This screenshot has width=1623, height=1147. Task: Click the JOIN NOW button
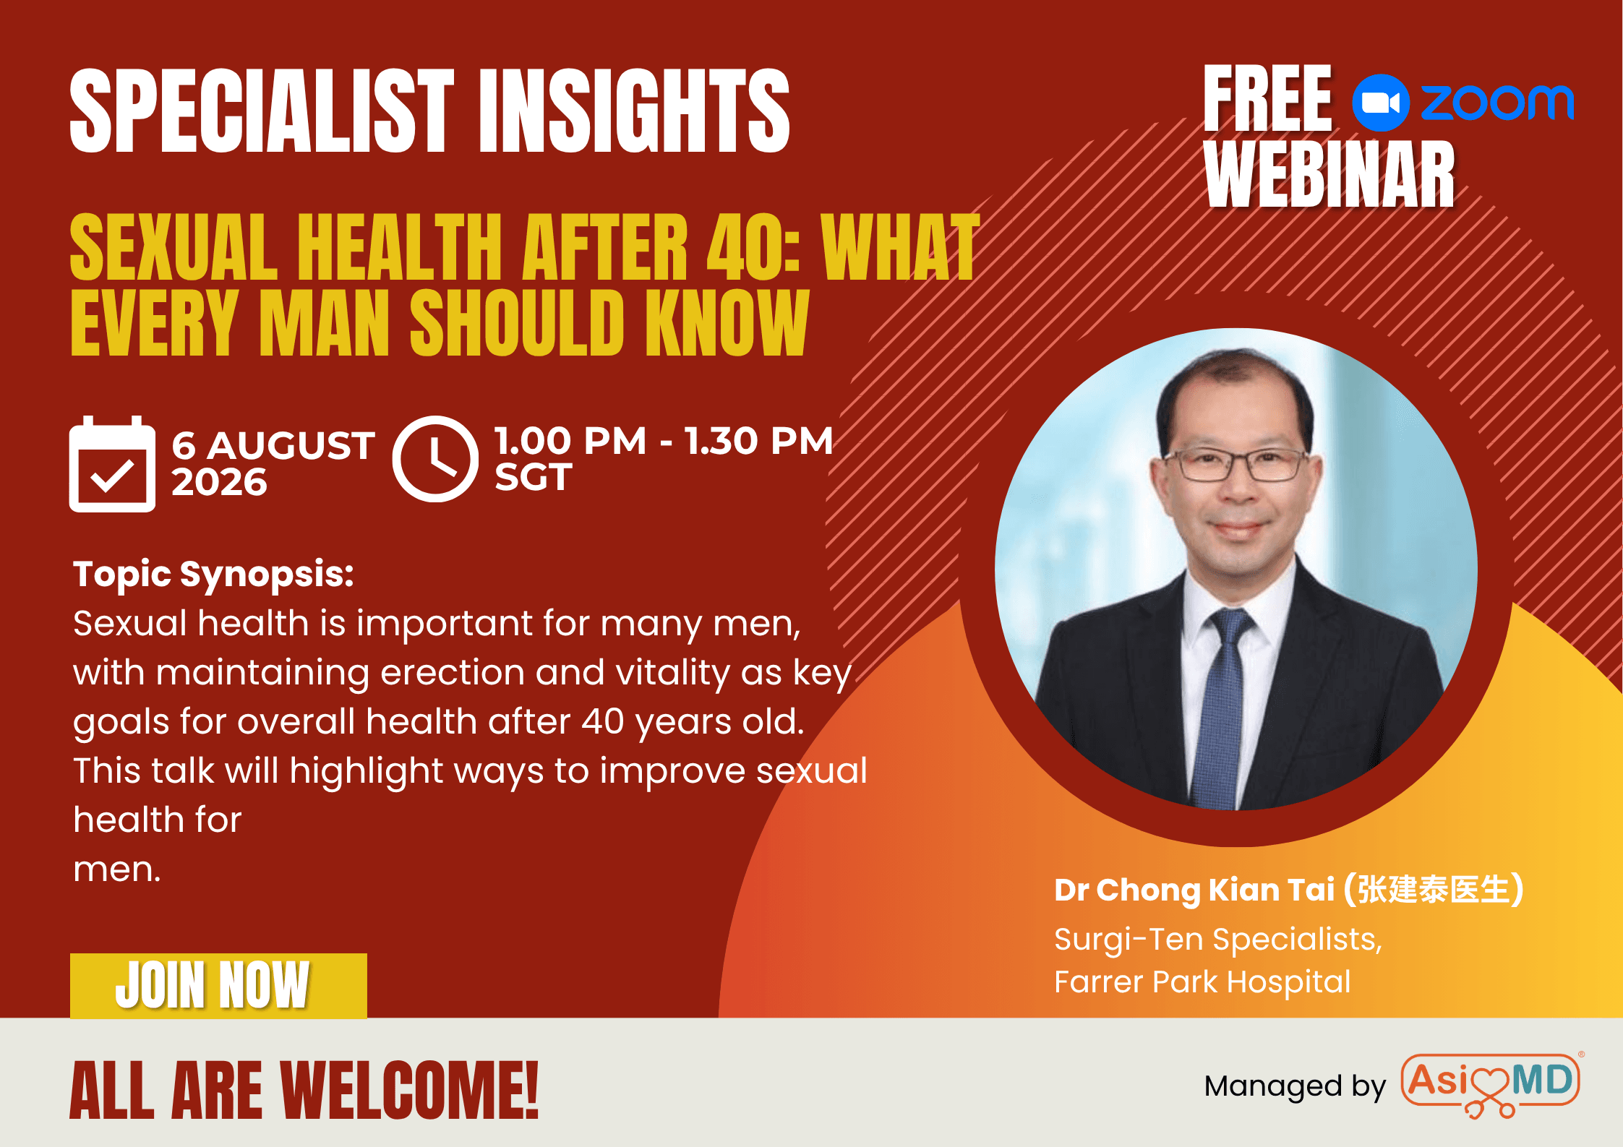(218, 985)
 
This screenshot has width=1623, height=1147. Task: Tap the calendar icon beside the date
(112, 464)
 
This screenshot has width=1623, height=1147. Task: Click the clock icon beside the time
(435, 459)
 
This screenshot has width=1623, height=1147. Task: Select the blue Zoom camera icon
(1380, 103)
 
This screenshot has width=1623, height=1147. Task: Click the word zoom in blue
(1497, 103)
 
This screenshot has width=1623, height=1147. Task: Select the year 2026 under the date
(219, 482)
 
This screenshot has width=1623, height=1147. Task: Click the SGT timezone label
(534, 477)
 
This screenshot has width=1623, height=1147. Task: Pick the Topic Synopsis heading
(214, 575)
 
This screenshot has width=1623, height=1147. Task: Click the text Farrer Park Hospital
(1202, 981)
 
